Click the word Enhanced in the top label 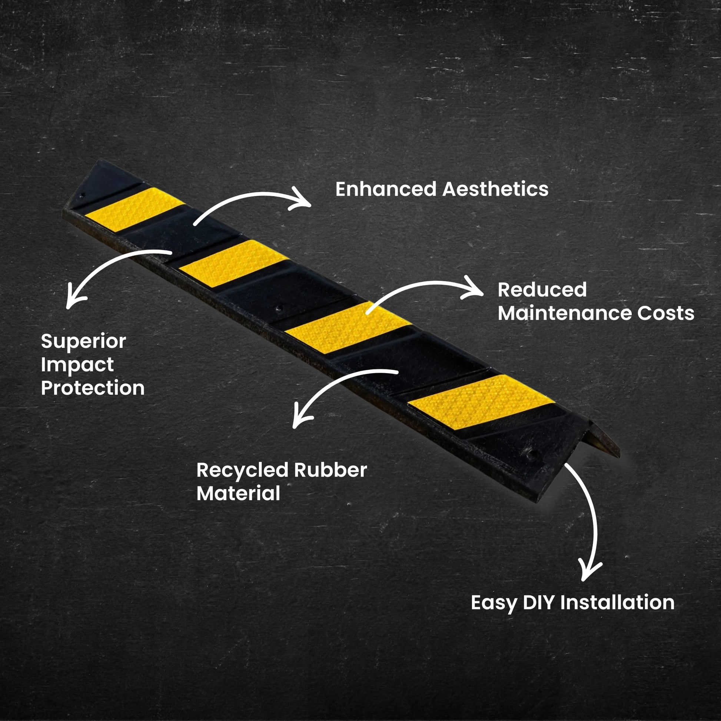pyautogui.click(x=385, y=189)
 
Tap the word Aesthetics pyautogui.click(x=495, y=189)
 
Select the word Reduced pyautogui.click(x=542, y=290)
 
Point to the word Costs pyautogui.click(x=665, y=313)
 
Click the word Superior pyautogui.click(x=84, y=342)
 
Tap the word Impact pyautogui.click(x=77, y=365)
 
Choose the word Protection pyautogui.click(x=93, y=388)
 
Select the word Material pyautogui.click(x=238, y=494)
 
